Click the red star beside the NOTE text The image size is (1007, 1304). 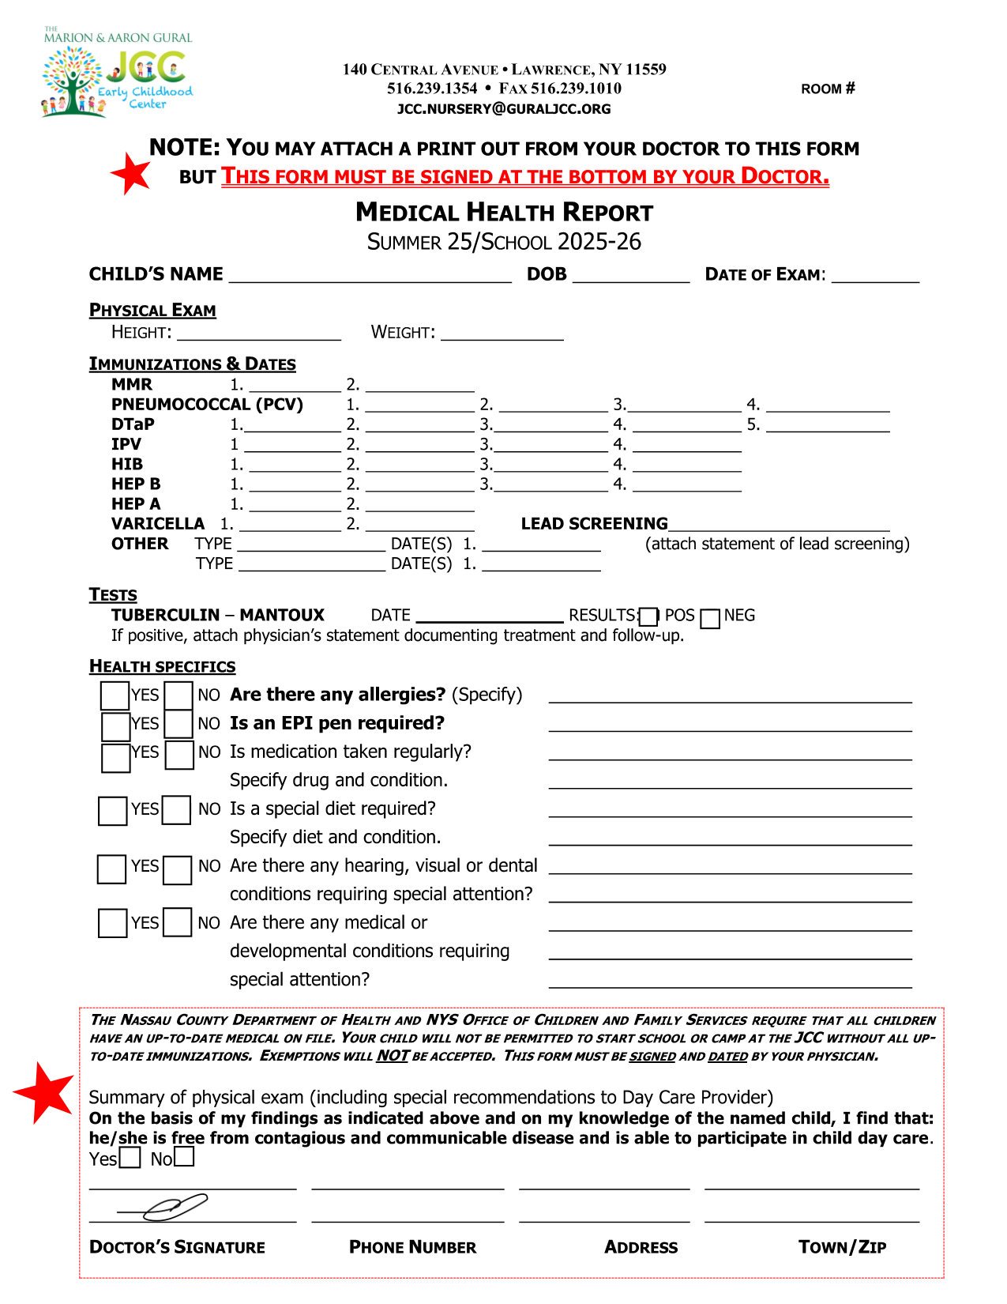click(x=131, y=173)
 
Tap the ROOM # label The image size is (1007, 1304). click(x=828, y=89)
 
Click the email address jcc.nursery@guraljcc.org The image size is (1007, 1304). click(x=504, y=109)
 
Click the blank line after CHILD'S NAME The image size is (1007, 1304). click(x=370, y=275)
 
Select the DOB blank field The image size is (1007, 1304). click(x=631, y=275)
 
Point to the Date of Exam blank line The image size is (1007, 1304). click(x=875, y=275)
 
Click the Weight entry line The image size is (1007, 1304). click(x=502, y=334)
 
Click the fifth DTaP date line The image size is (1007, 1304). click(x=828, y=425)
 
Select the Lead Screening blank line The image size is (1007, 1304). click(x=779, y=525)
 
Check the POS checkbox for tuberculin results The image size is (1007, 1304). click(x=648, y=616)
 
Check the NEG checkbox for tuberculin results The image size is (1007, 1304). click(x=710, y=618)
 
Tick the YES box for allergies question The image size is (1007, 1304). click(x=115, y=695)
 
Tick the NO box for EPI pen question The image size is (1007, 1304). click(x=179, y=724)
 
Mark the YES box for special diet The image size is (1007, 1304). click(x=112, y=811)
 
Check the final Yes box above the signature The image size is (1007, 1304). click(x=130, y=1159)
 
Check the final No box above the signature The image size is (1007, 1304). click(x=184, y=1157)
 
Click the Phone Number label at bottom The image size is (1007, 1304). click(x=412, y=1247)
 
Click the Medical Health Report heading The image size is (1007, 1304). click(x=504, y=212)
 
